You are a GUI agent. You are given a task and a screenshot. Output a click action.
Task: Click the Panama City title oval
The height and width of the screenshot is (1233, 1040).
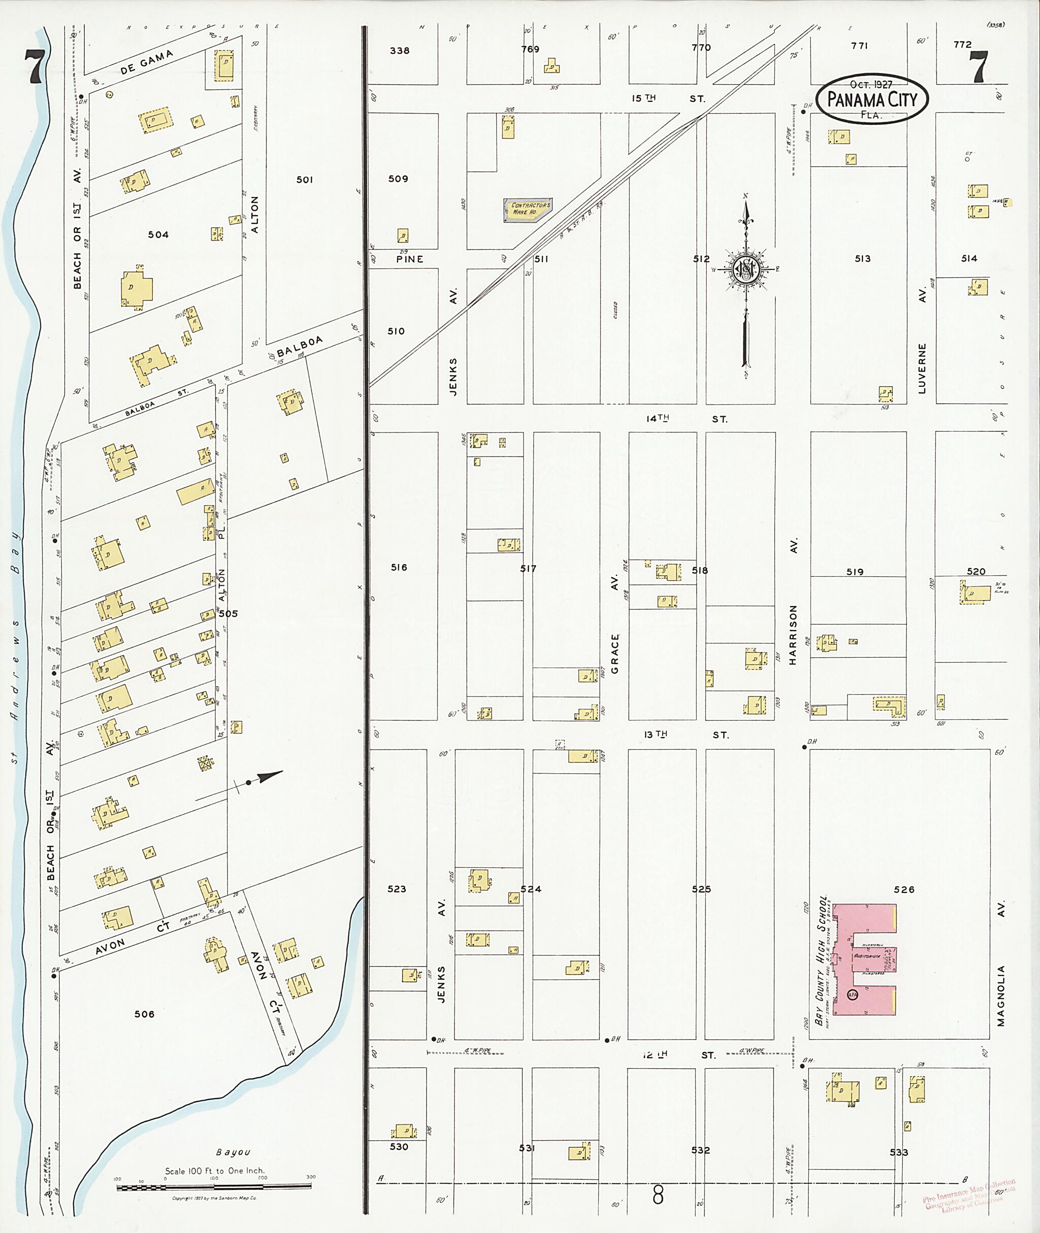point(872,98)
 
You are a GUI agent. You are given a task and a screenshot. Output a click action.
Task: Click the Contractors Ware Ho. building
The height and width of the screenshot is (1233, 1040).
point(528,209)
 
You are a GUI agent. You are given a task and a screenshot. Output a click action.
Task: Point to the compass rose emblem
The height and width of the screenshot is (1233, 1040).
point(746,270)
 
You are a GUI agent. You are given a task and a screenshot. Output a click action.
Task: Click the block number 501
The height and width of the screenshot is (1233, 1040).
point(304,180)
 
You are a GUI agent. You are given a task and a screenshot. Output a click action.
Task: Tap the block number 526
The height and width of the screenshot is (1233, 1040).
point(904,889)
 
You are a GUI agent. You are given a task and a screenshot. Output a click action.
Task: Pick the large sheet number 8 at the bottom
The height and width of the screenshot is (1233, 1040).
point(658,1195)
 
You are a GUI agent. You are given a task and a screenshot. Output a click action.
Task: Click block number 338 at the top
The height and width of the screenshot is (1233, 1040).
point(399,51)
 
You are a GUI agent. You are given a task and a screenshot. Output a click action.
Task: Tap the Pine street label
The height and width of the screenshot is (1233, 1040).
point(409,259)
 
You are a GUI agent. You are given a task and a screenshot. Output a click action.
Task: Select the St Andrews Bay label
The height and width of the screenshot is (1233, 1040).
point(15,648)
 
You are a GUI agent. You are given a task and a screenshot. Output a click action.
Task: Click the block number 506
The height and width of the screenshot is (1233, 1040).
point(144,1014)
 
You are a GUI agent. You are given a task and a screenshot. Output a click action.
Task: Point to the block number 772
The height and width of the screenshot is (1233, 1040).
point(962,44)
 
